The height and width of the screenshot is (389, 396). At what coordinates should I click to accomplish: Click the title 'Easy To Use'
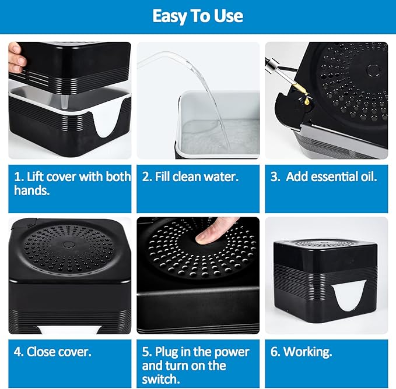click(x=198, y=16)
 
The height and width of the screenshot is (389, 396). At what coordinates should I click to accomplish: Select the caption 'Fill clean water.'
click(x=190, y=176)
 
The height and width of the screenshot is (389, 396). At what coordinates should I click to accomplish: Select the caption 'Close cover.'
click(x=52, y=352)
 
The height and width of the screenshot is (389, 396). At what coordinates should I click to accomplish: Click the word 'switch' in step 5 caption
click(x=162, y=380)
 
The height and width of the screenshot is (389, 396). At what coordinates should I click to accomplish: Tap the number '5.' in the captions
click(x=147, y=352)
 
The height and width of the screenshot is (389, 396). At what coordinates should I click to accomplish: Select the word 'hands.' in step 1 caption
click(x=33, y=190)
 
